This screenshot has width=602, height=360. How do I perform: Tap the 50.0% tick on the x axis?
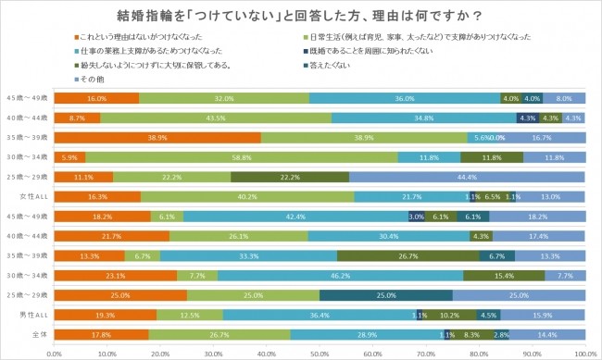click(320, 353)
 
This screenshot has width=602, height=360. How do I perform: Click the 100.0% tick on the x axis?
click(583, 353)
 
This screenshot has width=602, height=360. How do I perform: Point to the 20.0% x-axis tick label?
click(160, 353)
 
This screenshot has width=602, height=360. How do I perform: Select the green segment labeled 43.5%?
click(216, 118)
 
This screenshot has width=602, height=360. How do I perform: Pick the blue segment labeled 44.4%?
click(467, 177)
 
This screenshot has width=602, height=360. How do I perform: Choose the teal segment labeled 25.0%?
click(386, 294)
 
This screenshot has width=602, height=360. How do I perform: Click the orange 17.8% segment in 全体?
click(102, 334)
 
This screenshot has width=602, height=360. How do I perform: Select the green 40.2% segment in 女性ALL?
click(247, 196)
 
